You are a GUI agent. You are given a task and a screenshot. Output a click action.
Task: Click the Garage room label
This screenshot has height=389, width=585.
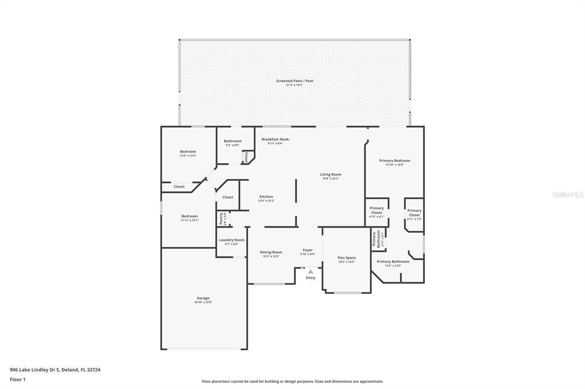203,298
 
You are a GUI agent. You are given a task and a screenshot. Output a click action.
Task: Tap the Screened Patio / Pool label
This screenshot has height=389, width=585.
295,81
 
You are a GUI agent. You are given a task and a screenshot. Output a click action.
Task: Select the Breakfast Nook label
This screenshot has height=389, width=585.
275,139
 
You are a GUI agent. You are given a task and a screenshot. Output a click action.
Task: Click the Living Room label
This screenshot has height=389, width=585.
330,175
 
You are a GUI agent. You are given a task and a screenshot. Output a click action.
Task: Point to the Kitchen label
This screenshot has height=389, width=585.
266,197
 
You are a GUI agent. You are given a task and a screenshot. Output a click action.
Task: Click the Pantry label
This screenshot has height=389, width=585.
221,218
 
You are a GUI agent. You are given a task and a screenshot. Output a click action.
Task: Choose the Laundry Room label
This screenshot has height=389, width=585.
231,240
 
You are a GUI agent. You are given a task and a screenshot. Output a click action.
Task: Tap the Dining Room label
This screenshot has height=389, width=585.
271,252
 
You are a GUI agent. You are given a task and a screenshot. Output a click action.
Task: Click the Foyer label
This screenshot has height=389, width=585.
307,250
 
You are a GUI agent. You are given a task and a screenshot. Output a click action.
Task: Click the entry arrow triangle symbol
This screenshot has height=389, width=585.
310,272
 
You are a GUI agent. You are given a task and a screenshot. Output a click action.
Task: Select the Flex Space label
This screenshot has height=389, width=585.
346,258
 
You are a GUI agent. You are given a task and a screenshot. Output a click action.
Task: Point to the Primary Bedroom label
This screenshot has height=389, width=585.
394,161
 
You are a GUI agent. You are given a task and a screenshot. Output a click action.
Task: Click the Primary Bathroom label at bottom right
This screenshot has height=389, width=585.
393,262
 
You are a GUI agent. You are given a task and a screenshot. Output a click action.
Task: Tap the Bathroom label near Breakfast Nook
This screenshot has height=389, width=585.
233,141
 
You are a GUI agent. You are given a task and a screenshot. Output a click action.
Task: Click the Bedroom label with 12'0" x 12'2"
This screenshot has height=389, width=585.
188,152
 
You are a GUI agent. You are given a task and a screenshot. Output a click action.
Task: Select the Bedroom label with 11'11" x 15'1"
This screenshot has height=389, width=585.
190,216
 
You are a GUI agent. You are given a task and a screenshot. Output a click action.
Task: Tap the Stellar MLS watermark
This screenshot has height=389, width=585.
567,195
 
